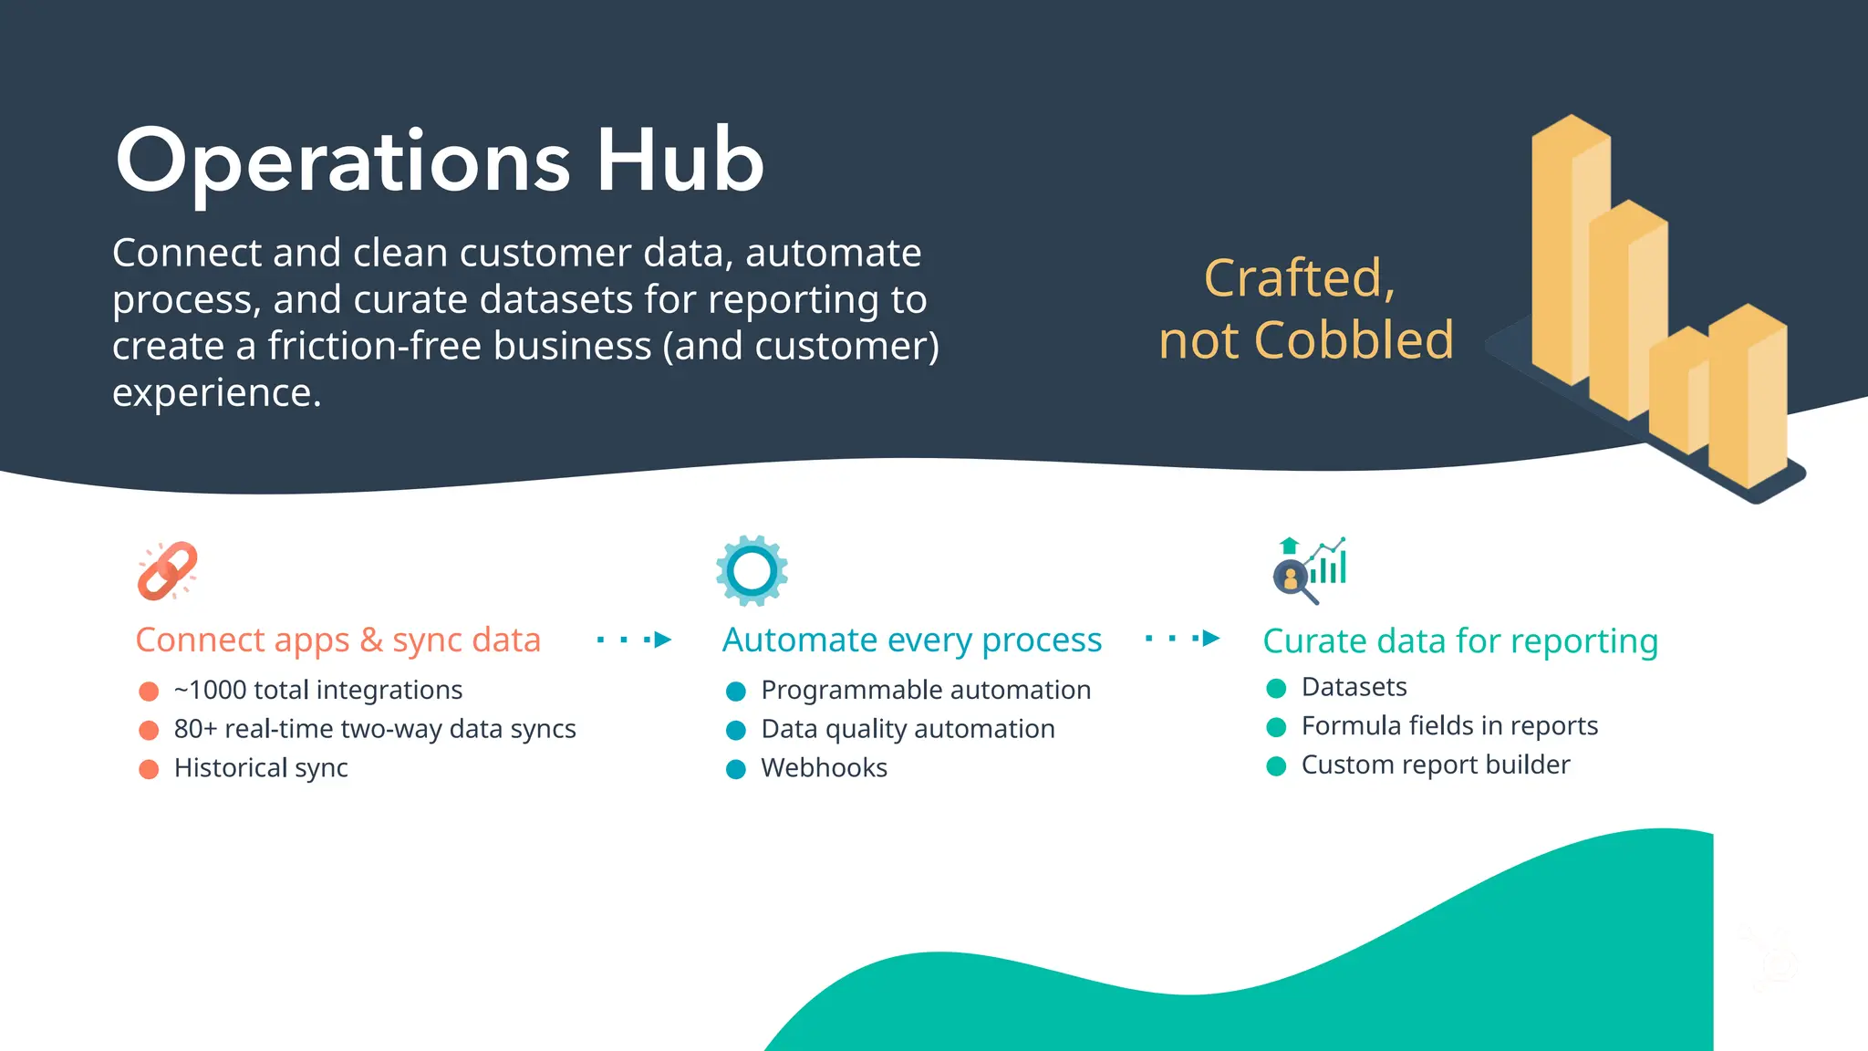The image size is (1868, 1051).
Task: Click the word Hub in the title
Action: (x=680, y=161)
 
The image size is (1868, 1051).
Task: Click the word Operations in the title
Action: (x=342, y=161)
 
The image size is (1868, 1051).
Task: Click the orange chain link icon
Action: (x=167, y=571)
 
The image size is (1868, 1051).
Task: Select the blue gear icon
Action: (x=752, y=571)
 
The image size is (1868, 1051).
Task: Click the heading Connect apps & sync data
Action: (x=337, y=640)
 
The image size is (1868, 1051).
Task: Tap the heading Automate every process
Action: (x=911, y=640)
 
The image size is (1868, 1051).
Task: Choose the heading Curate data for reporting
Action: (x=1459, y=641)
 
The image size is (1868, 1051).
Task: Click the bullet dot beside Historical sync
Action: (x=149, y=769)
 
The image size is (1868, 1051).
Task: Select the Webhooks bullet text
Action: (x=824, y=768)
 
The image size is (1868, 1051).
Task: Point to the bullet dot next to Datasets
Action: (x=1276, y=688)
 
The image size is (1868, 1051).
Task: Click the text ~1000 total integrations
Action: (x=318, y=690)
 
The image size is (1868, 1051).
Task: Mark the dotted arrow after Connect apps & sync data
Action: (x=635, y=640)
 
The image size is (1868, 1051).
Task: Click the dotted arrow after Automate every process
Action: (x=1183, y=639)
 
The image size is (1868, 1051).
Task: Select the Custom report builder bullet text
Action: (x=1435, y=765)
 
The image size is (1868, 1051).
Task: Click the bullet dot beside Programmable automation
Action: (x=736, y=692)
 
